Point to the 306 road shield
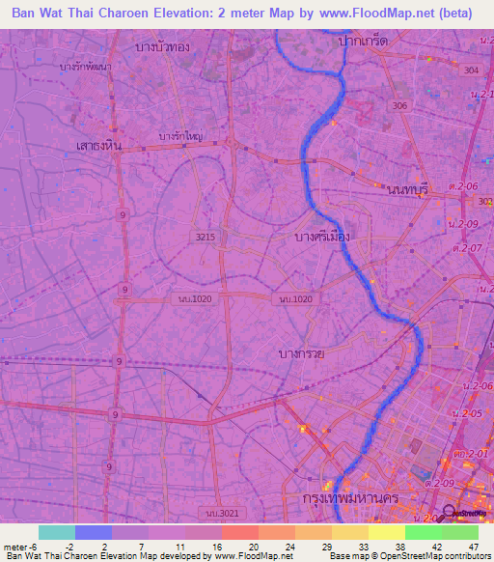[x=399, y=105]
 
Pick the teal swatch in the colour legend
[x=56, y=532]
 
